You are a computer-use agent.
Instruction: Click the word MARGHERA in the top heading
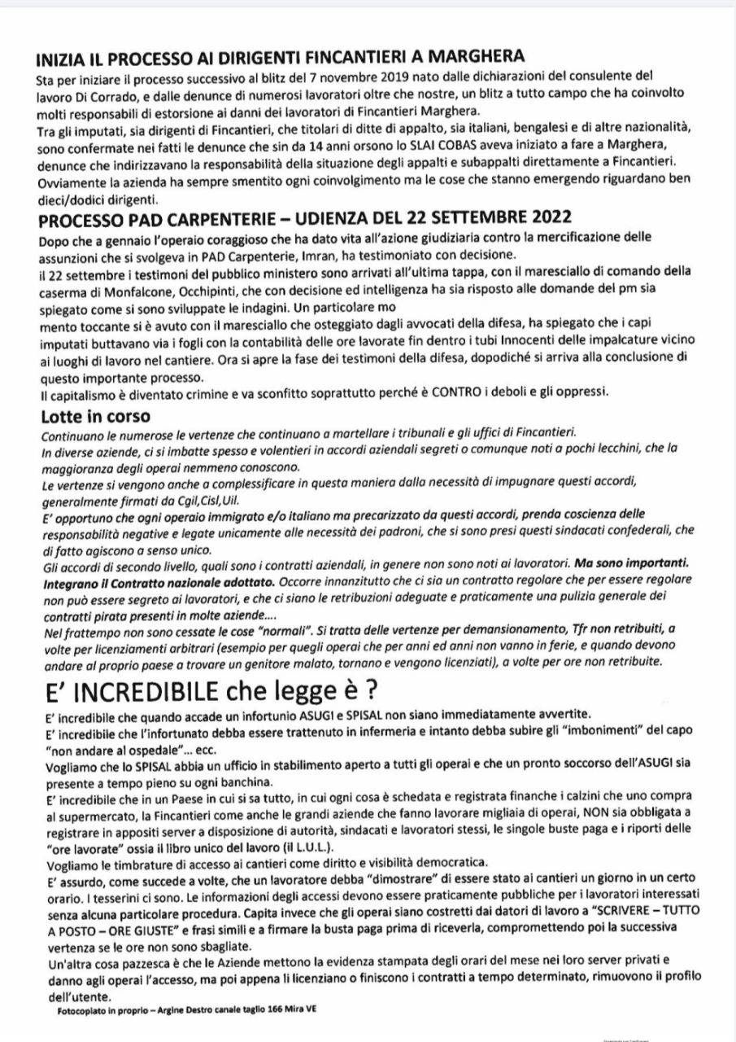point(469,59)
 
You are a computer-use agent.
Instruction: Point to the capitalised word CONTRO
point(473,393)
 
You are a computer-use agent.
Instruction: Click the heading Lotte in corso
point(94,415)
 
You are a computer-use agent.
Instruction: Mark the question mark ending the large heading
point(370,691)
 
